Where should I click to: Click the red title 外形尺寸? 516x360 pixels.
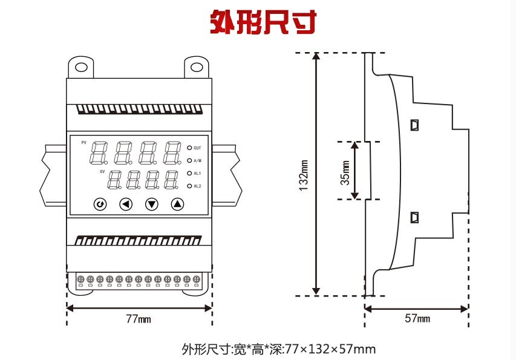tap(263, 23)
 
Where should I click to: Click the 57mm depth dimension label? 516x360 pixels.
tap(417, 319)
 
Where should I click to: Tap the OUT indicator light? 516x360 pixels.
tap(189, 148)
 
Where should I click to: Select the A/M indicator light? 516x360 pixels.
tap(189, 160)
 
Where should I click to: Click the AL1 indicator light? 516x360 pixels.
tap(189, 173)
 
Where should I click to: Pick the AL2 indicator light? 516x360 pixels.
tap(189, 186)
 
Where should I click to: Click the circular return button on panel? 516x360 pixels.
tap(100, 204)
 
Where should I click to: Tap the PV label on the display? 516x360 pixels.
tap(83, 142)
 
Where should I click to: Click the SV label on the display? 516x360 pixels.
tap(102, 172)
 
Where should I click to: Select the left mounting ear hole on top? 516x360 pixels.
tap(81, 67)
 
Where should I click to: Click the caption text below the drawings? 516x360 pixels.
tap(278, 349)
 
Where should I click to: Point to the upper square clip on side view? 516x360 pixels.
tap(414, 125)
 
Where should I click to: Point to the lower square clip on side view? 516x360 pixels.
tap(414, 217)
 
